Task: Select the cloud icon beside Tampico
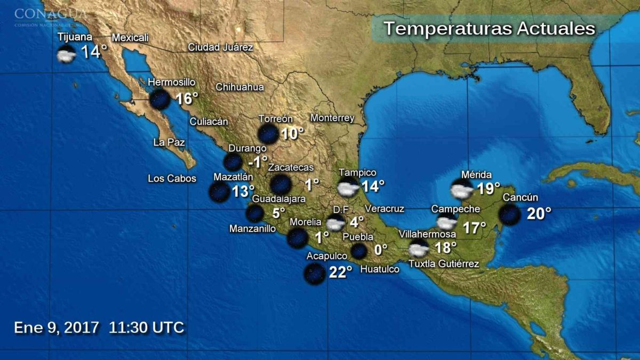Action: coord(348,188)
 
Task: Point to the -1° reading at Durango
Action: coord(258,161)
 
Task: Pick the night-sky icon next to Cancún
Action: coord(509,214)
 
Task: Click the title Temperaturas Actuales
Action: coord(489,28)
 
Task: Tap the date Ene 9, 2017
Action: coord(57,327)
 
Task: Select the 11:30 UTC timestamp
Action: coord(147,327)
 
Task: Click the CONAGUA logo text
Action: coord(50,13)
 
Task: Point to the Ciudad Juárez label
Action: coord(220,47)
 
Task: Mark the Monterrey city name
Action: coord(332,118)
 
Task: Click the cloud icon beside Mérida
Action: coord(462,189)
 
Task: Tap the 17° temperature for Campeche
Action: coord(474,228)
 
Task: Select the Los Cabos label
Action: coord(172,179)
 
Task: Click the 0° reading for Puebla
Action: coord(380,250)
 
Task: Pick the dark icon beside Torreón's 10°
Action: coord(268,134)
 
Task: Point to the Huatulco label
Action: coord(380,270)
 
